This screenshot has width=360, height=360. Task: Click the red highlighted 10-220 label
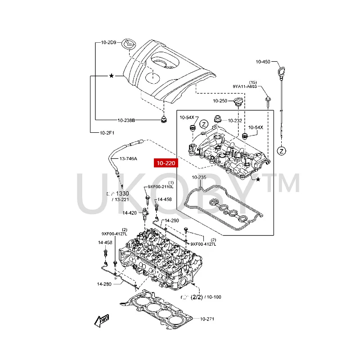[x=166, y=163]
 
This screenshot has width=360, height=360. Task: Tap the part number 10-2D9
[x=109, y=43]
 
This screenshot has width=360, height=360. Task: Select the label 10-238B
[x=126, y=121]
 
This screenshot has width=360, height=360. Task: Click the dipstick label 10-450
[x=263, y=62]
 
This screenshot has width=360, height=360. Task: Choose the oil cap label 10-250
[x=220, y=101]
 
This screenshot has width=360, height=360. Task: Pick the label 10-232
[x=235, y=121]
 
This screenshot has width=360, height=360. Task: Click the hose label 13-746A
[x=128, y=159]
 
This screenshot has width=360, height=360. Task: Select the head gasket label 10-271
[x=207, y=319]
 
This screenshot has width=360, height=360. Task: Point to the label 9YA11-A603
[x=245, y=86]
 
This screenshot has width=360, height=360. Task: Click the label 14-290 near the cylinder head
[x=171, y=220]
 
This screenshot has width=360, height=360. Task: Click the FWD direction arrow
[x=102, y=321]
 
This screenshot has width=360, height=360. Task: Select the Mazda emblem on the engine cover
[x=129, y=44]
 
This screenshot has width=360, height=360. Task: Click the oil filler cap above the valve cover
[x=238, y=102]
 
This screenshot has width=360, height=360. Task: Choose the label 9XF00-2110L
[x=161, y=187]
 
